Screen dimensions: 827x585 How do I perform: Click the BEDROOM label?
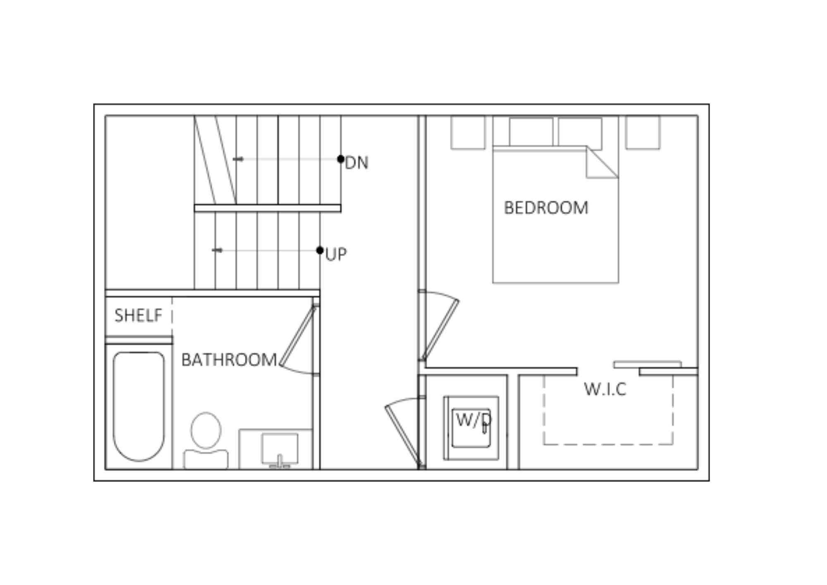546,208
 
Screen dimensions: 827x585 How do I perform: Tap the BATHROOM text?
229,360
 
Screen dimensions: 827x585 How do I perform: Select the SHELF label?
139,315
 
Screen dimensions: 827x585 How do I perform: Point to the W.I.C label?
605,389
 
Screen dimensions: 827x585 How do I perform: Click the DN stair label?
356,163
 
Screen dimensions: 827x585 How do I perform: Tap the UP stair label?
336,254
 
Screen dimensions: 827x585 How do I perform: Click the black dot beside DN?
341,159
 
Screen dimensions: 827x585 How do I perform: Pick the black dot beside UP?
320,250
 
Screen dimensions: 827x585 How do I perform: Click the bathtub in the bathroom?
139,406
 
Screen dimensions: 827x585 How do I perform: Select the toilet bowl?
206,430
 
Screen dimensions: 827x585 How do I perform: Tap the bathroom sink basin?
280,448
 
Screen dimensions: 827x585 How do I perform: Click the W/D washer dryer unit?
471,428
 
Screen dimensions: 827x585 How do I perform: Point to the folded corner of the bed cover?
602,162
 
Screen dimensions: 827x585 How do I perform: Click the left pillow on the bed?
531,132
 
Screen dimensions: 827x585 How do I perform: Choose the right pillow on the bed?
580,132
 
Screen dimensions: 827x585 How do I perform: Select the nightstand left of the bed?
468,132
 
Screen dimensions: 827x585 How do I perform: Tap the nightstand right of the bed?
643,132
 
